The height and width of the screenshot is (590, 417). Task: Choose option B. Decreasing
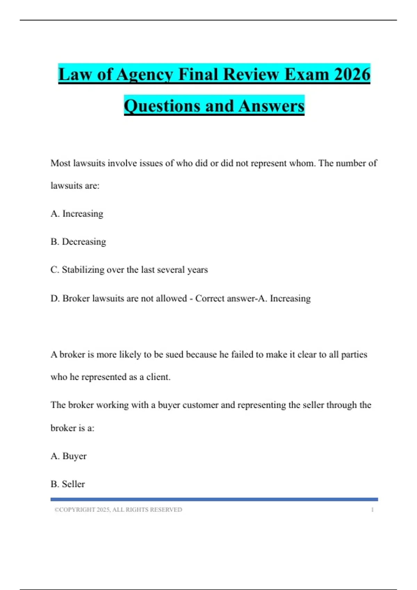(78, 242)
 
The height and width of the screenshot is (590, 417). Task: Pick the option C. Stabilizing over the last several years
(129, 270)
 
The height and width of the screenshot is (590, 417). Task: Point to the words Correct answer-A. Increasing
(253, 298)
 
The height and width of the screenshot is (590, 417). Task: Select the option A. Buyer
(68, 456)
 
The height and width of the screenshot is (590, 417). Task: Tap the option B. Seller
(68, 484)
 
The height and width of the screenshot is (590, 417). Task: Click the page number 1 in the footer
(372, 509)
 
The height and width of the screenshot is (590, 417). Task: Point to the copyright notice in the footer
(118, 509)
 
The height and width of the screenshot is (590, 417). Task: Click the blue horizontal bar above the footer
(214, 499)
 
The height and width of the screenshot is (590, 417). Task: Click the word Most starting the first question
(60, 163)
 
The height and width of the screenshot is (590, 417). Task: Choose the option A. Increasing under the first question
(77, 213)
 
